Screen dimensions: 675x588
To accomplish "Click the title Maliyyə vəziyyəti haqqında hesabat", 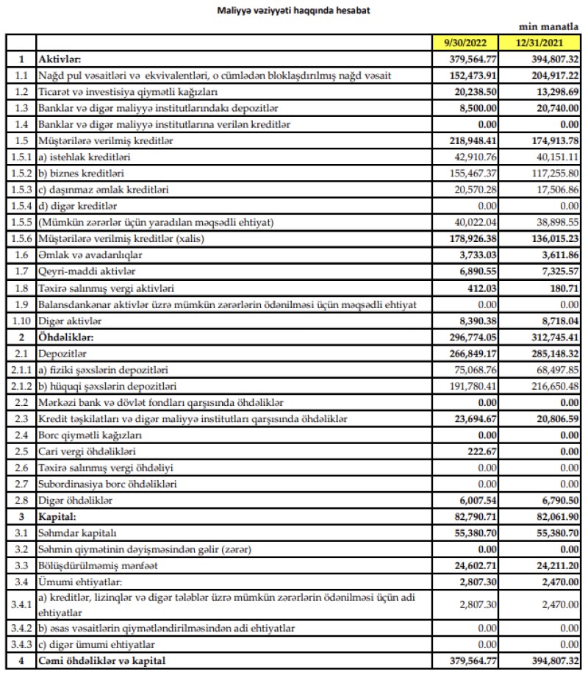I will (x=294, y=11).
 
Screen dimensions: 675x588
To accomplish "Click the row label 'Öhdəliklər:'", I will (x=65, y=337).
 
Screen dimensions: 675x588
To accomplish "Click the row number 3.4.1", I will (x=20, y=605).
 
